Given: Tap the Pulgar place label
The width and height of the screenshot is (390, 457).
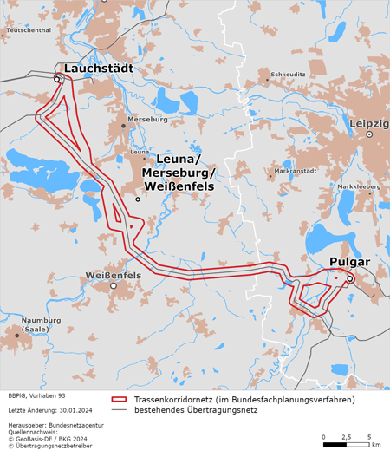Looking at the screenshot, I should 349,262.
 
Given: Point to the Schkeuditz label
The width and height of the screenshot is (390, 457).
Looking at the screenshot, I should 288,75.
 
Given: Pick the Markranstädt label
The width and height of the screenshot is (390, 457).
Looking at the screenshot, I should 296,171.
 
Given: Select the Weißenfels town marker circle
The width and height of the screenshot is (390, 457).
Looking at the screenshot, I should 113,285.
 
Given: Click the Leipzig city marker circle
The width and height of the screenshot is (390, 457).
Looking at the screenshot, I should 369,135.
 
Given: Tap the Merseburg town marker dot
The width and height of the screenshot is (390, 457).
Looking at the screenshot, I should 124,126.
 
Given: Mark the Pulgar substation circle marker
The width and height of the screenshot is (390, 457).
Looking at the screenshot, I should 349,279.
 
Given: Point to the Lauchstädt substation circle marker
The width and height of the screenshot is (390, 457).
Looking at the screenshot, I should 57,79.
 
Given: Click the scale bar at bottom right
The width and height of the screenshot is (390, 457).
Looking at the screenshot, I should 346,444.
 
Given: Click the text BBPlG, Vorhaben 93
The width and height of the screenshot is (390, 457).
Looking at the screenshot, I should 36,395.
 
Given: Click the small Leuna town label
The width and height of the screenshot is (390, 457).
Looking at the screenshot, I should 140,153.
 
